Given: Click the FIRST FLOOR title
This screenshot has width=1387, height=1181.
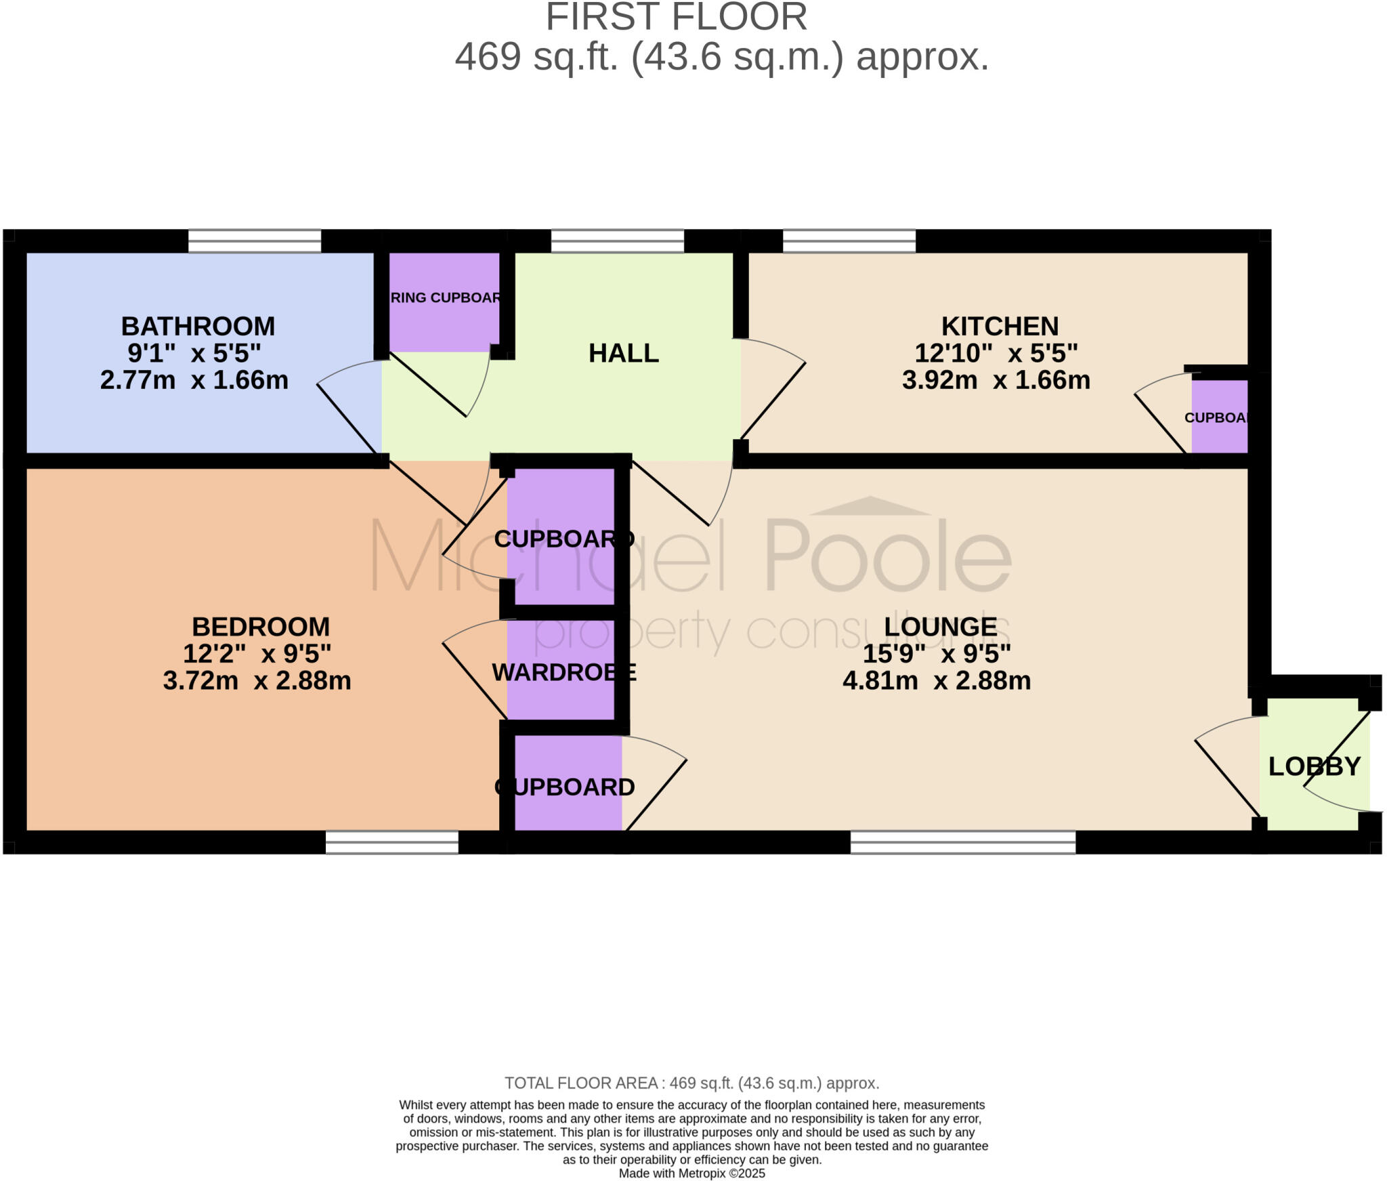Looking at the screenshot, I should coord(676,18).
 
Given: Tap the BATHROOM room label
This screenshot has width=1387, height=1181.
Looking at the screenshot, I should coord(198,327).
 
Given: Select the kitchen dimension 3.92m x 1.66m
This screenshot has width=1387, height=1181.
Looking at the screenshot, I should coord(996,380).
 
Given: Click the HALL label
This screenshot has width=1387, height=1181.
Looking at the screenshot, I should coord(623,354).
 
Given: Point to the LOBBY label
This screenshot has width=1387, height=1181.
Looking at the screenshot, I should coord(1314,766).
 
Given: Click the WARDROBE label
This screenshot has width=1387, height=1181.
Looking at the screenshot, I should coord(563,672).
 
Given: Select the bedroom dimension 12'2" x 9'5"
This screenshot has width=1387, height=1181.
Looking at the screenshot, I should coord(257,654).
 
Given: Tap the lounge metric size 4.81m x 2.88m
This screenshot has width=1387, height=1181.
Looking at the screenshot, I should coord(937,680).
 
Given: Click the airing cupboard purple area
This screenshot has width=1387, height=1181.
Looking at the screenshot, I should coord(444,318).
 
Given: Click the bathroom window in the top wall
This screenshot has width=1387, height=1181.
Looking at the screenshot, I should coord(254,241).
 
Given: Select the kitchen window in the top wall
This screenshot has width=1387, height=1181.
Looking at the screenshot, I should coord(849,241).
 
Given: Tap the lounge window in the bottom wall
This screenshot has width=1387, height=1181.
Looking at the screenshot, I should coord(962,842).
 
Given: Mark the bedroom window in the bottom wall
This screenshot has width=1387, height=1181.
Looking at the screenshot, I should coord(391,842).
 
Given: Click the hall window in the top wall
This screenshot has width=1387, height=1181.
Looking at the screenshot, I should coord(617,241).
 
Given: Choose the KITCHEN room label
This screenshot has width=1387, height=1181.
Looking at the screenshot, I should coord(1000,327).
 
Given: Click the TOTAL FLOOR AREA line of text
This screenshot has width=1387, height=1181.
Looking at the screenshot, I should coord(691,1083).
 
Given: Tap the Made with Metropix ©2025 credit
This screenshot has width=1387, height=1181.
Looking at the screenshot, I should coord(691,1174).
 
